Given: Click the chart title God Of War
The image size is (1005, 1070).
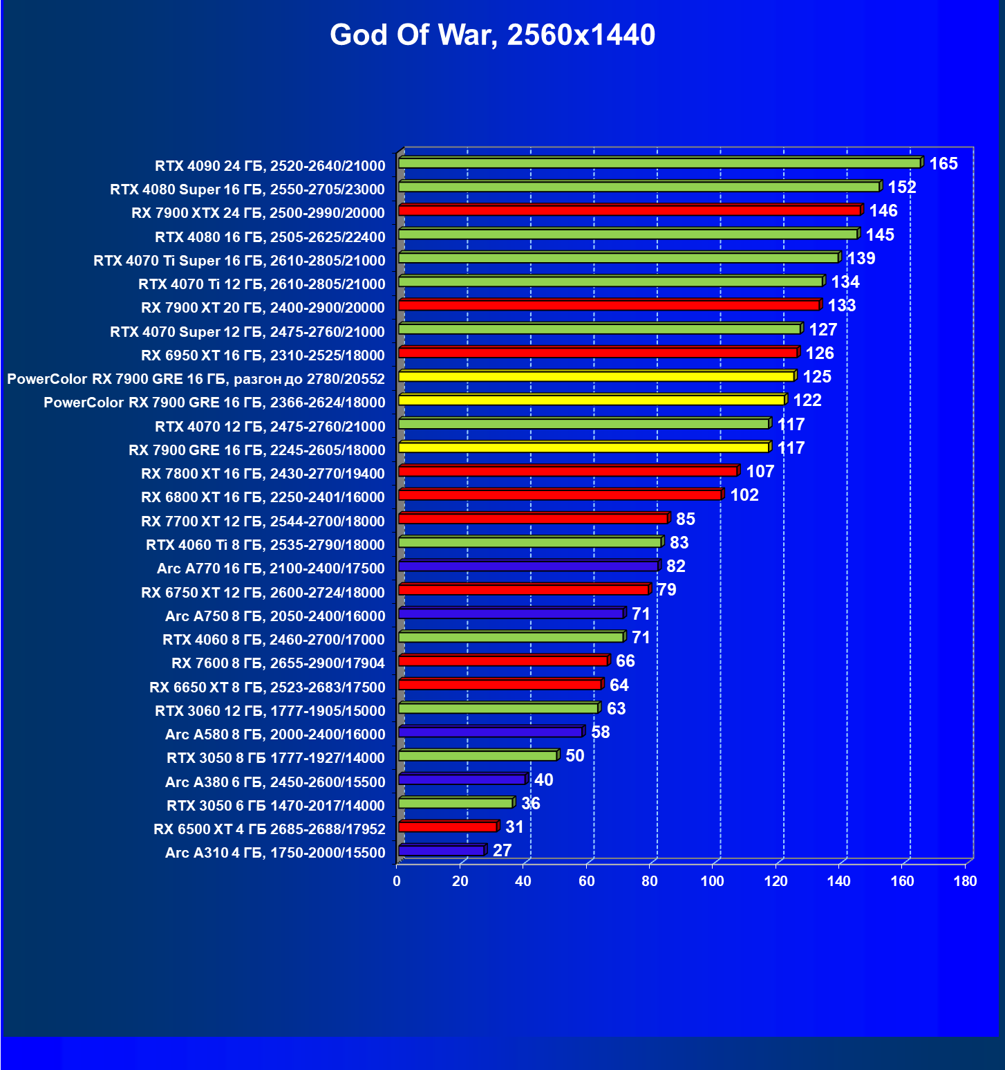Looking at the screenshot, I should (492, 35).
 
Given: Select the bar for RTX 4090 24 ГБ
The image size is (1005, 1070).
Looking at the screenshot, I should (659, 163).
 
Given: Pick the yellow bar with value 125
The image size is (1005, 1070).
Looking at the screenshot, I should (597, 376).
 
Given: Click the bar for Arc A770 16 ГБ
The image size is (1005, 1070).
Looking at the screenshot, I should (528, 566).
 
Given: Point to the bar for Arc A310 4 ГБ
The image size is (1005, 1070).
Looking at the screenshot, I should (442, 851).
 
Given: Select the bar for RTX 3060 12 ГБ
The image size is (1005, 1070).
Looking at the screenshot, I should (498, 708).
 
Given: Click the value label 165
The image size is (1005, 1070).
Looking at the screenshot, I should (943, 164).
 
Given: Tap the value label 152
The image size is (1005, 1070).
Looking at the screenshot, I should (902, 187).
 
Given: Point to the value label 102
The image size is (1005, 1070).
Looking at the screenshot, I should (744, 495).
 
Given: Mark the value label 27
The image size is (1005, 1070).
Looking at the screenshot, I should (502, 851).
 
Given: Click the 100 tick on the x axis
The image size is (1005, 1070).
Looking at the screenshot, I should (713, 881).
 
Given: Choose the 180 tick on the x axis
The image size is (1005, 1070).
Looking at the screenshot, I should (965, 881).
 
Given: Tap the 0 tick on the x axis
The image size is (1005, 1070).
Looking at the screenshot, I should (397, 881).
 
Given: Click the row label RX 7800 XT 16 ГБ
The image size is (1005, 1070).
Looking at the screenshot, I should (263, 474).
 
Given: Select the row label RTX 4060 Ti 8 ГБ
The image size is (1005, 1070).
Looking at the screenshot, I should (265, 545).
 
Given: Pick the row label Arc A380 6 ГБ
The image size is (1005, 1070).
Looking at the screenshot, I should (274, 782).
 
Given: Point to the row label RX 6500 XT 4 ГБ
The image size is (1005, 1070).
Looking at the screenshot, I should (269, 829).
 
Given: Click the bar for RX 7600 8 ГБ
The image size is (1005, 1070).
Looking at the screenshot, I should (502, 661).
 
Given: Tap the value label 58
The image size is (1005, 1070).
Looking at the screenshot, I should (601, 732).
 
